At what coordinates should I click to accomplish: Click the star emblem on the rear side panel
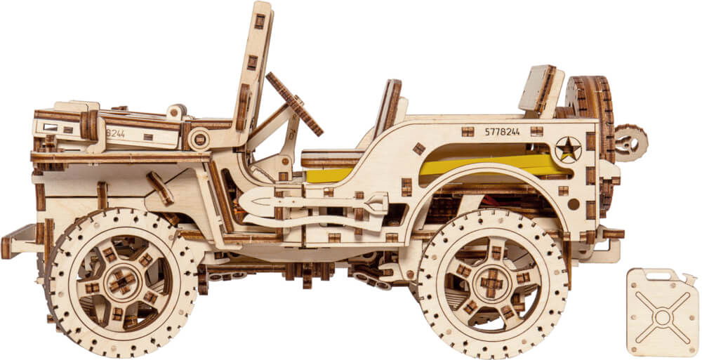click(x=568, y=149)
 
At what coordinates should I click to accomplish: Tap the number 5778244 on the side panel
click(x=503, y=132)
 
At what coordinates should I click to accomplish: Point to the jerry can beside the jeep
click(x=663, y=312)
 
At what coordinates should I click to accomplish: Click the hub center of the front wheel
click(x=121, y=281)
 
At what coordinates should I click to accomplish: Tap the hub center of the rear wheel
click(x=492, y=283)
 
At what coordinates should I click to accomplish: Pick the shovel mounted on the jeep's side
click(x=313, y=202)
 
